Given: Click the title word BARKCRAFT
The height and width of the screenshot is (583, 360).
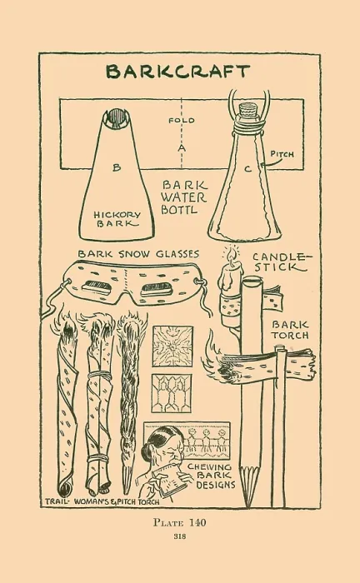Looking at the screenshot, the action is [x=177, y=72].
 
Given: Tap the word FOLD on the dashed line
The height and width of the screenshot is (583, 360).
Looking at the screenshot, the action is [x=182, y=121].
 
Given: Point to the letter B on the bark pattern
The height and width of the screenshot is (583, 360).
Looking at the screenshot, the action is [x=117, y=167].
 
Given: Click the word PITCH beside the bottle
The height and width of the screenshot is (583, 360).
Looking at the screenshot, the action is [x=282, y=153].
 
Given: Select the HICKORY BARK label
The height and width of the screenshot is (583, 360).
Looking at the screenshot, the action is [x=117, y=219].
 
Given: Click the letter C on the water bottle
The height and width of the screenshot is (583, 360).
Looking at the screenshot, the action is [x=247, y=169].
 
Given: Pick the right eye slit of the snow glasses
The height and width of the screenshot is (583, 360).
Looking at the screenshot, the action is [x=156, y=288].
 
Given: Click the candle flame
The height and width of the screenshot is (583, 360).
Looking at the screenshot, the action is [x=232, y=254].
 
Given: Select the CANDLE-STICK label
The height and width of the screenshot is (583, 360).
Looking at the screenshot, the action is [x=282, y=262].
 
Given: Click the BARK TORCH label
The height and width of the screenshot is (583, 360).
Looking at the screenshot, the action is [x=290, y=330].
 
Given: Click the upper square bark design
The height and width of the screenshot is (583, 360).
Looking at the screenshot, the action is [x=173, y=346].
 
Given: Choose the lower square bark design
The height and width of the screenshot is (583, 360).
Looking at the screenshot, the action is [x=172, y=393].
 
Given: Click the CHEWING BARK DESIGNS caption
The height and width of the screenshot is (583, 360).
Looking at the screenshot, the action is [x=212, y=476].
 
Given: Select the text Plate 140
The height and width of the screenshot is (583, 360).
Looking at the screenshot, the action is [x=180, y=522].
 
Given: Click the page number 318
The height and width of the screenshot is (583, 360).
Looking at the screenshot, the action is [x=180, y=536].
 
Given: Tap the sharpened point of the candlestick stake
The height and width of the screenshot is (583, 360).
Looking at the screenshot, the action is [x=247, y=505].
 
